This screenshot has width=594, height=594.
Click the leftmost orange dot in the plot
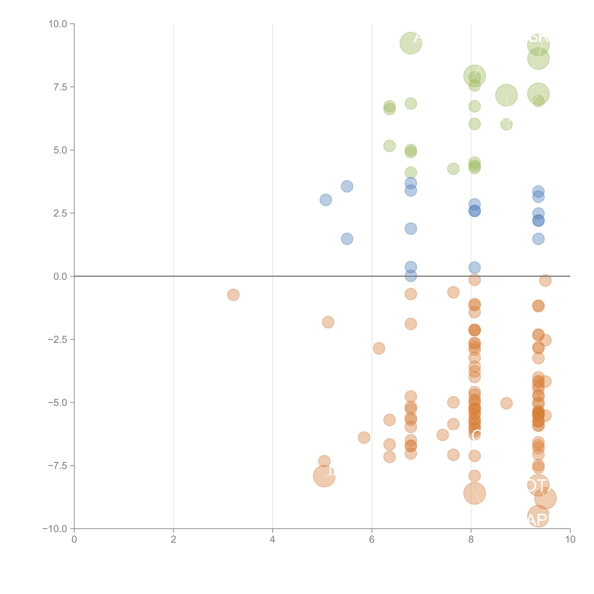[x=233, y=295]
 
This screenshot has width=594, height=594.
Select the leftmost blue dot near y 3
[x=326, y=200]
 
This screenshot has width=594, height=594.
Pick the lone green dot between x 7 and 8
[x=453, y=168]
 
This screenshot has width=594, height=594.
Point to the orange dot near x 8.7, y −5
[x=506, y=403]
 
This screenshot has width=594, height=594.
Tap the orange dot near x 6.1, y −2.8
[x=379, y=348]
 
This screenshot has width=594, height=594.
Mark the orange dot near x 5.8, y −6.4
[x=364, y=438]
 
